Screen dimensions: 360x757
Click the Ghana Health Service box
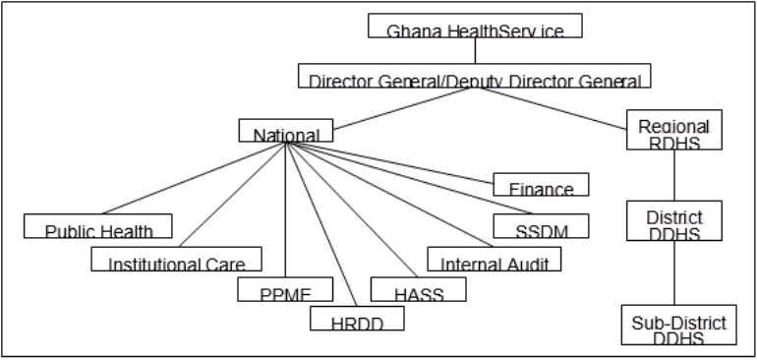(475, 26)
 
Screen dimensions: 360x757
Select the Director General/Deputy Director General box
(475, 77)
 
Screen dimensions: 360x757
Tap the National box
(285, 131)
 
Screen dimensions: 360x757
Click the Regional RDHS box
(673, 130)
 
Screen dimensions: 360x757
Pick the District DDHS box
(673, 220)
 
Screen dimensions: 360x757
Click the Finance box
(541, 185)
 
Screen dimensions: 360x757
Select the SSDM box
(541, 226)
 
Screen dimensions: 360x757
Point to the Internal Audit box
(494, 259)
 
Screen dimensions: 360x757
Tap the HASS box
(418, 289)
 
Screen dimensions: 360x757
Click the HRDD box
(357, 319)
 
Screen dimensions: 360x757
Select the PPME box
(285, 289)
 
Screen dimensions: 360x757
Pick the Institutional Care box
(177, 259)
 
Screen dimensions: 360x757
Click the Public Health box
(98, 226)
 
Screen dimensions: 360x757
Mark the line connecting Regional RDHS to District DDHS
(673, 175)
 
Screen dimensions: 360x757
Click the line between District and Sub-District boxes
(673, 272)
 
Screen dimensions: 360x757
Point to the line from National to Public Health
(194, 177)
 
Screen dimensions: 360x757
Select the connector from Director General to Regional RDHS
(570, 109)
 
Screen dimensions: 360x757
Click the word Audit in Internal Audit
(527, 264)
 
